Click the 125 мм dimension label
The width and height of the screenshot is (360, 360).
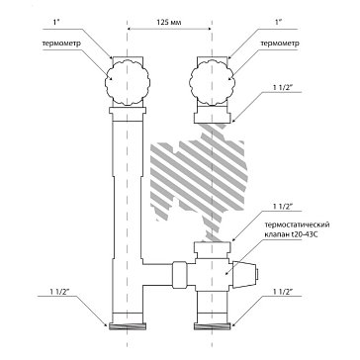point(169,22)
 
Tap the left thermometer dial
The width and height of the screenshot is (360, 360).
point(128,82)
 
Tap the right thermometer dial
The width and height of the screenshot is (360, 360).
point(213,82)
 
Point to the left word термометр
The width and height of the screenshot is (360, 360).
point(61,44)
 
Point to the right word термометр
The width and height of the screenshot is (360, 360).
point(280,44)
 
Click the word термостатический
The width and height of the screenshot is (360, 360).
point(297,225)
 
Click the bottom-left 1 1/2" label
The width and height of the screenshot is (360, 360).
point(60,291)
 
